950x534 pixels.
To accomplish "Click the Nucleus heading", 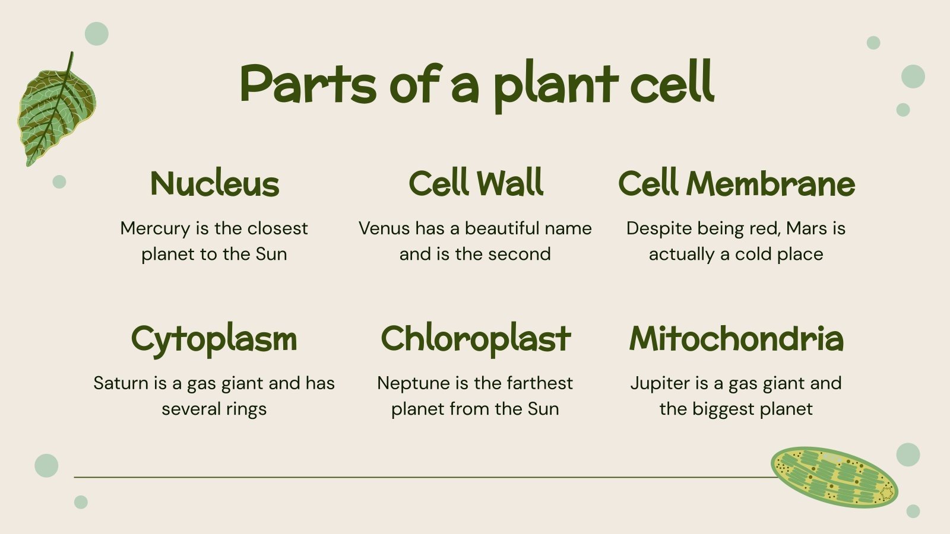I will coord(214,183).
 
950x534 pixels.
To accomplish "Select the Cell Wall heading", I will coord(476,183).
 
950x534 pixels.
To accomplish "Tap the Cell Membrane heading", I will coord(736,183).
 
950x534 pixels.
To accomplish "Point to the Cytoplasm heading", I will coord(214,339).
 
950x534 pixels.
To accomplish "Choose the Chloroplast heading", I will coord(476,339).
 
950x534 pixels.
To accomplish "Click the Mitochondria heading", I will coord(736,339).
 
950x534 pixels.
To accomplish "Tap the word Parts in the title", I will coord(308,84).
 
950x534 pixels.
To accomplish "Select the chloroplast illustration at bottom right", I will coord(834,477).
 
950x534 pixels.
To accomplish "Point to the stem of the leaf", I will coord(70,62).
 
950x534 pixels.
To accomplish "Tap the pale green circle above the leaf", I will coord(97,34).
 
